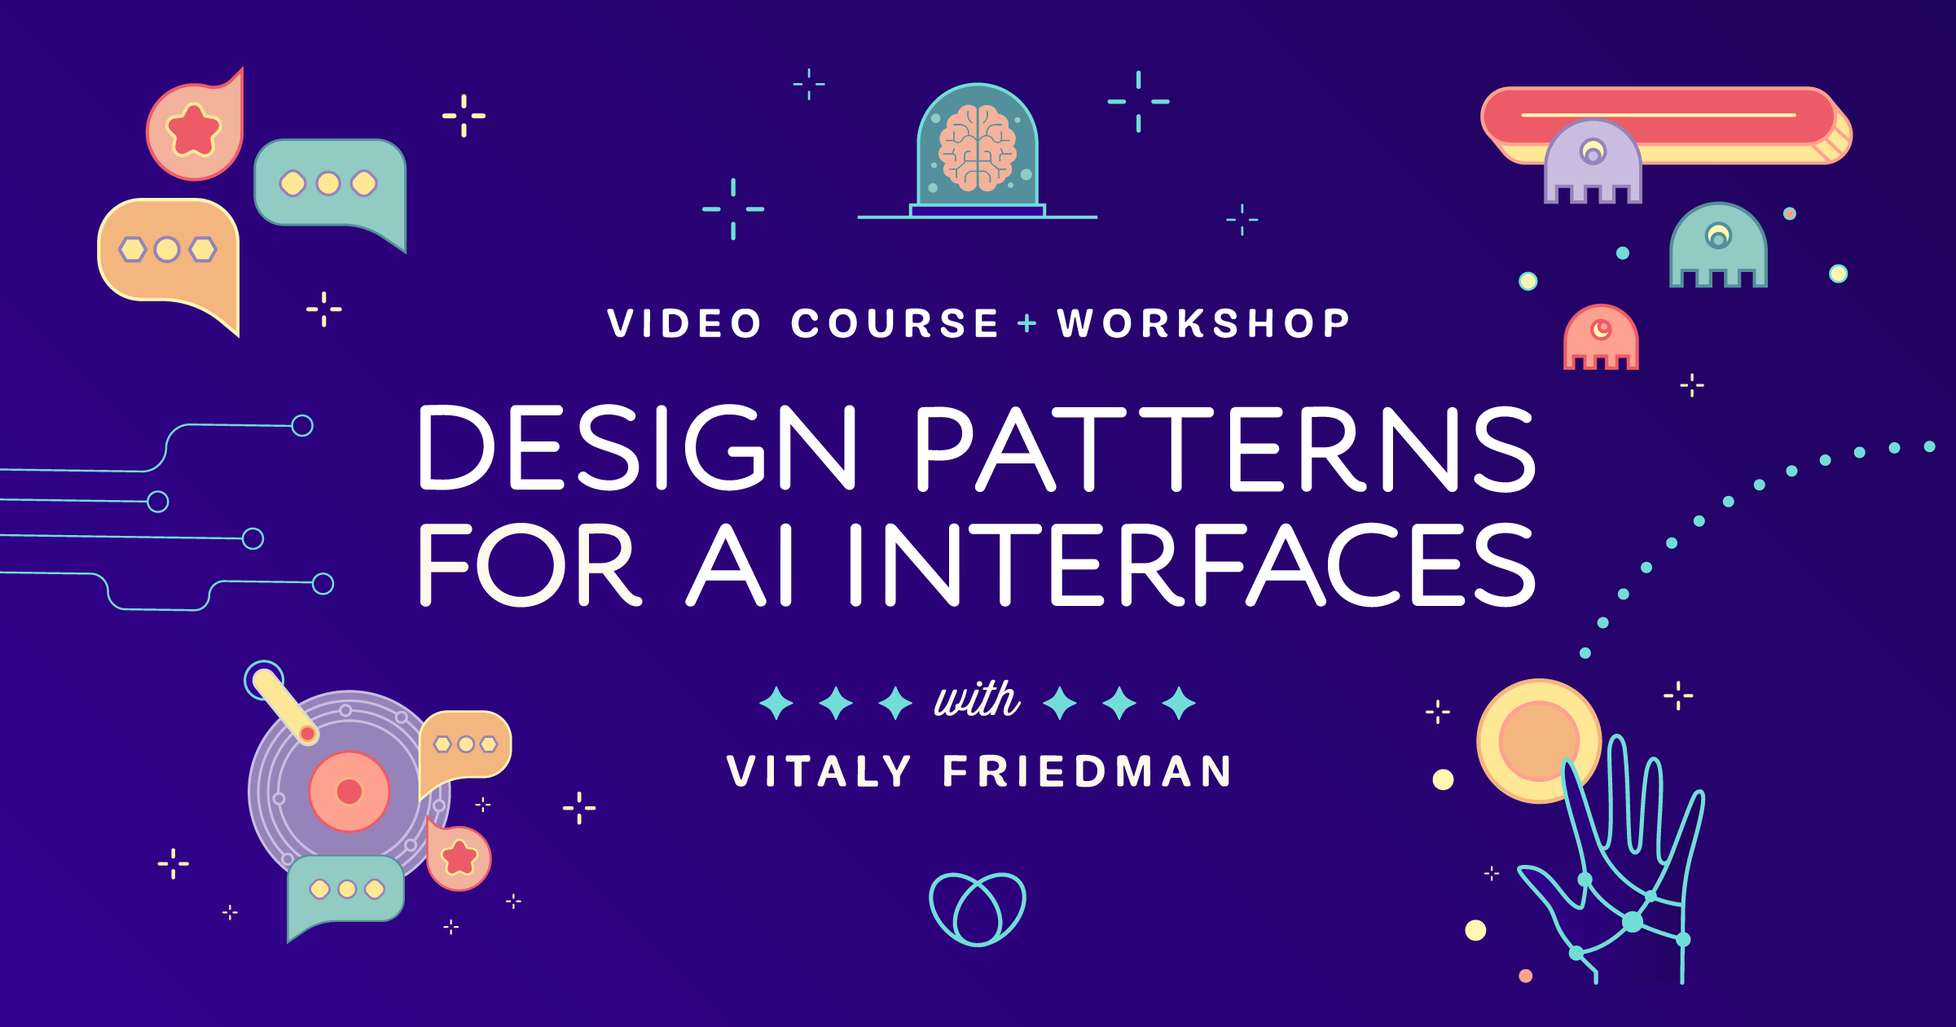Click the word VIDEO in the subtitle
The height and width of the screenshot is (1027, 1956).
(684, 323)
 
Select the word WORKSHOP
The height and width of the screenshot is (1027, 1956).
(1204, 323)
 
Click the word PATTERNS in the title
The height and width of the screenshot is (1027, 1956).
(1224, 449)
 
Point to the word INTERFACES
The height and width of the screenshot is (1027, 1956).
(1190, 565)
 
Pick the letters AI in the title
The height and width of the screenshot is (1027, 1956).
(741, 565)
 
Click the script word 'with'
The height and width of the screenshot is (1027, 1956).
(977, 700)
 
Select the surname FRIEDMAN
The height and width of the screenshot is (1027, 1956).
(1088, 771)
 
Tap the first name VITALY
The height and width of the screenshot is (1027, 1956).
(819, 771)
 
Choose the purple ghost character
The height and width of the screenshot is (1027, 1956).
(1593, 163)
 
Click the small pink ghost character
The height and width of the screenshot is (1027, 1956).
(1601, 337)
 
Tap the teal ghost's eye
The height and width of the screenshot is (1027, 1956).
(1718, 237)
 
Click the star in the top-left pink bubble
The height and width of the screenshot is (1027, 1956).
(193, 130)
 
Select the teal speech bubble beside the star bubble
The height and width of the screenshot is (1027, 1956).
(330, 184)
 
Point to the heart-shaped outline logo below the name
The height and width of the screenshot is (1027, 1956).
(977, 909)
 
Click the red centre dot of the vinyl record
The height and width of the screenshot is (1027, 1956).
(349, 791)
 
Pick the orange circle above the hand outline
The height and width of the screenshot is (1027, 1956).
(1537, 740)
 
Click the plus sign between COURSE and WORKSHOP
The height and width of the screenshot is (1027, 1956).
(1027, 323)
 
